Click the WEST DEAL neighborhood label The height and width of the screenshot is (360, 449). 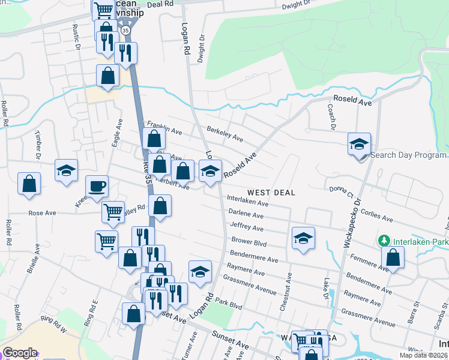click(x=271, y=193)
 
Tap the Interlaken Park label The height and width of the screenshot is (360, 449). click(x=421, y=242)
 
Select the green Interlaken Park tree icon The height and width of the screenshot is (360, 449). click(x=384, y=241)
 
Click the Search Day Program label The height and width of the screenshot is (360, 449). click(x=408, y=155)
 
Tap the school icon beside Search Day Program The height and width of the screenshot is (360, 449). click(x=359, y=144)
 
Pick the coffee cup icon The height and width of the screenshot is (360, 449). click(x=97, y=187)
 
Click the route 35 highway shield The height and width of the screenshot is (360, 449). click(x=125, y=29)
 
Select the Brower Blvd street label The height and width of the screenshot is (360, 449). click(x=249, y=242)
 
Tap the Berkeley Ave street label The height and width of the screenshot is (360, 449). click(x=224, y=133)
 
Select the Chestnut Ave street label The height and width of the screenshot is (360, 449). click(x=285, y=291)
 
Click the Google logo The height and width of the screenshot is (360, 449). click(x=20, y=353)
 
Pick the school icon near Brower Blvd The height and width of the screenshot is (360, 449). click(x=303, y=238)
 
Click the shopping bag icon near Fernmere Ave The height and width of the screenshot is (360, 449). click(x=393, y=257)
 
